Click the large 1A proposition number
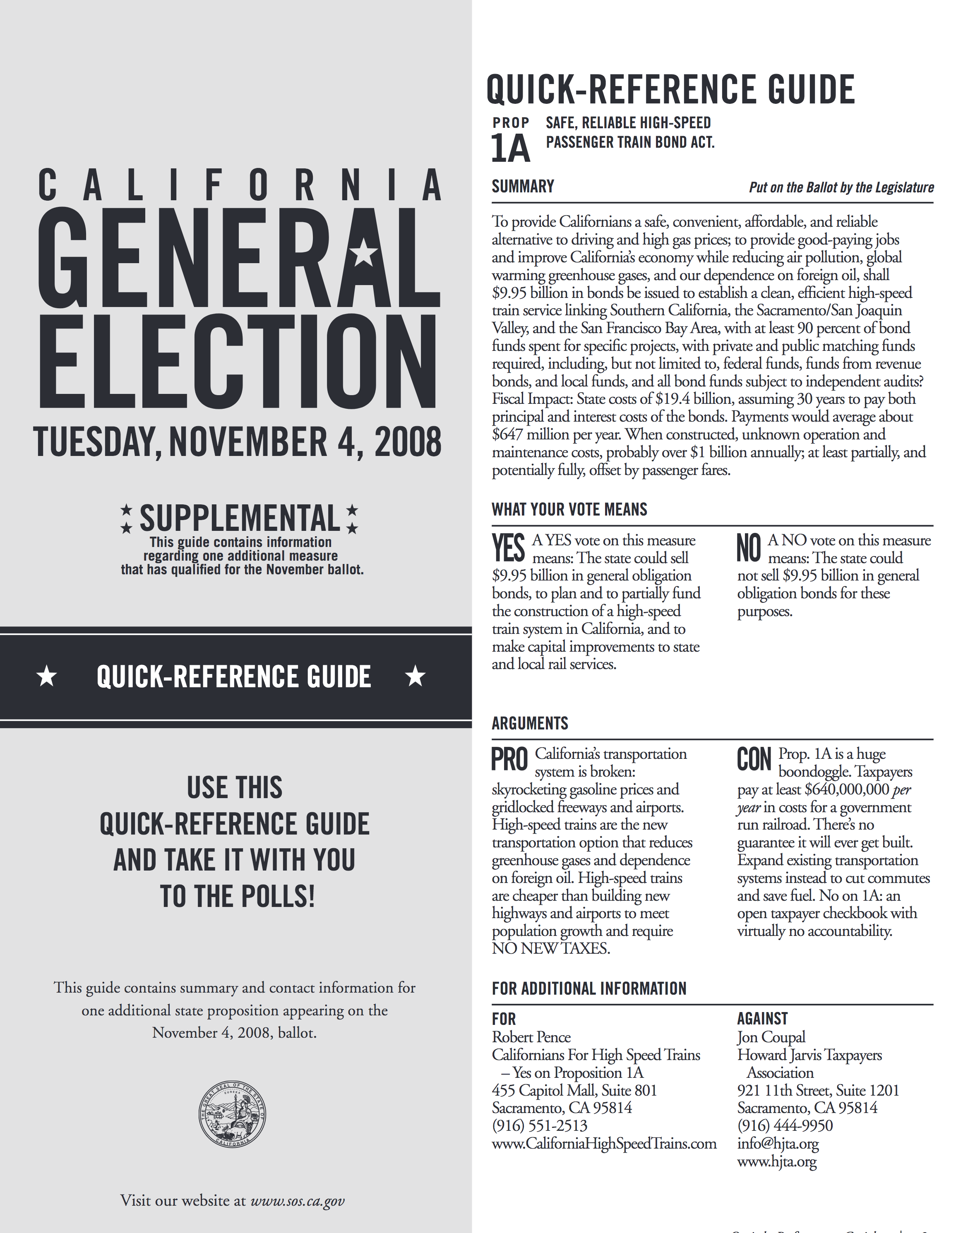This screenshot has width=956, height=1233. (x=510, y=149)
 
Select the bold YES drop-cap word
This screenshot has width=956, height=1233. (x=508, y=548)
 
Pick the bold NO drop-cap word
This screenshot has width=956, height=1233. (x=749, y=548)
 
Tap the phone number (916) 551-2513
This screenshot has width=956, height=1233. (x=539, y=1126)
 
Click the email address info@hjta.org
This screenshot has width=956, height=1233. (x=778, y=1144)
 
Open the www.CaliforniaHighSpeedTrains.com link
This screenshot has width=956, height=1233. (x=604, y=1144)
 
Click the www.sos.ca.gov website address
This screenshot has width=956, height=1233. (x=297, y=1201)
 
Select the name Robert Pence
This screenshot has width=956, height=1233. (x=531, y=1037)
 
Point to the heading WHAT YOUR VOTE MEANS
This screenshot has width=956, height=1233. (x=569, y=509)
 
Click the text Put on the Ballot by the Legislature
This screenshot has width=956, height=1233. (x=841, y=187)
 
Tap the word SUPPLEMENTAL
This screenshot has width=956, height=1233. (x=240, y=518)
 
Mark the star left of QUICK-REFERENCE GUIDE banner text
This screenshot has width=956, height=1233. (x=47, y=676)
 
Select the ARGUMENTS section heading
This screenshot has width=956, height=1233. (x=530, y=723)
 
